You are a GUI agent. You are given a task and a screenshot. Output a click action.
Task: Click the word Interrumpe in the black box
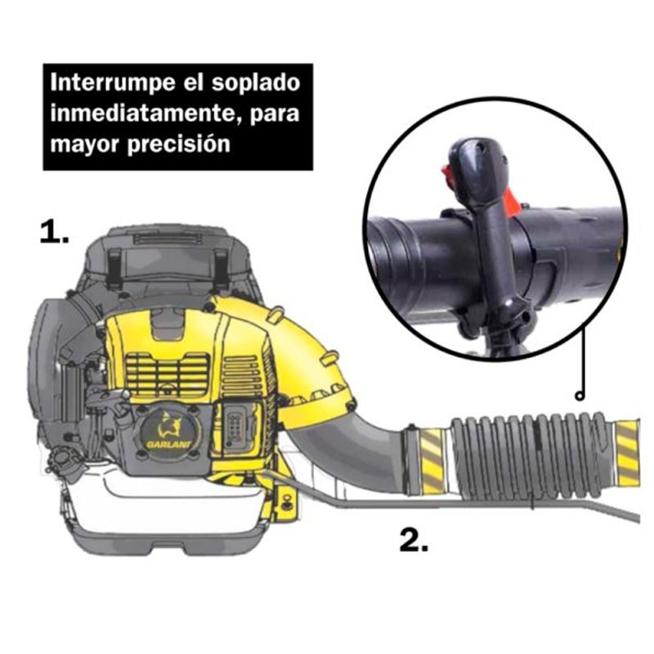point(112,83)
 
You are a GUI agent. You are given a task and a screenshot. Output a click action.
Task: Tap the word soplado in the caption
point(255,83)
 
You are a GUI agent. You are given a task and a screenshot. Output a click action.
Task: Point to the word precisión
point(178,145)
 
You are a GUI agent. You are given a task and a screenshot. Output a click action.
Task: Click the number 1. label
point(54,232)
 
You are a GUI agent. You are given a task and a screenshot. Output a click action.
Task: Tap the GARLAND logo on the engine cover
point(169,432)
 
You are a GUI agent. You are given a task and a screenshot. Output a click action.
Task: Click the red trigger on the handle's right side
point(512,201)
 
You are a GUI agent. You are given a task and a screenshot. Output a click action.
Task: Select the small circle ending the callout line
point(580,396)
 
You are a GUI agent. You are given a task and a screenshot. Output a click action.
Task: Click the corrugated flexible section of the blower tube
point(531,456)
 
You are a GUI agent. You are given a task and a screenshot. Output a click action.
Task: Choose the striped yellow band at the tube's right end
point(627,454)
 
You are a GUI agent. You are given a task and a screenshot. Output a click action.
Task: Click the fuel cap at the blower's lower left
point(64,462)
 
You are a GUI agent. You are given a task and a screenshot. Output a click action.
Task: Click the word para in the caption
point(275,114)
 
